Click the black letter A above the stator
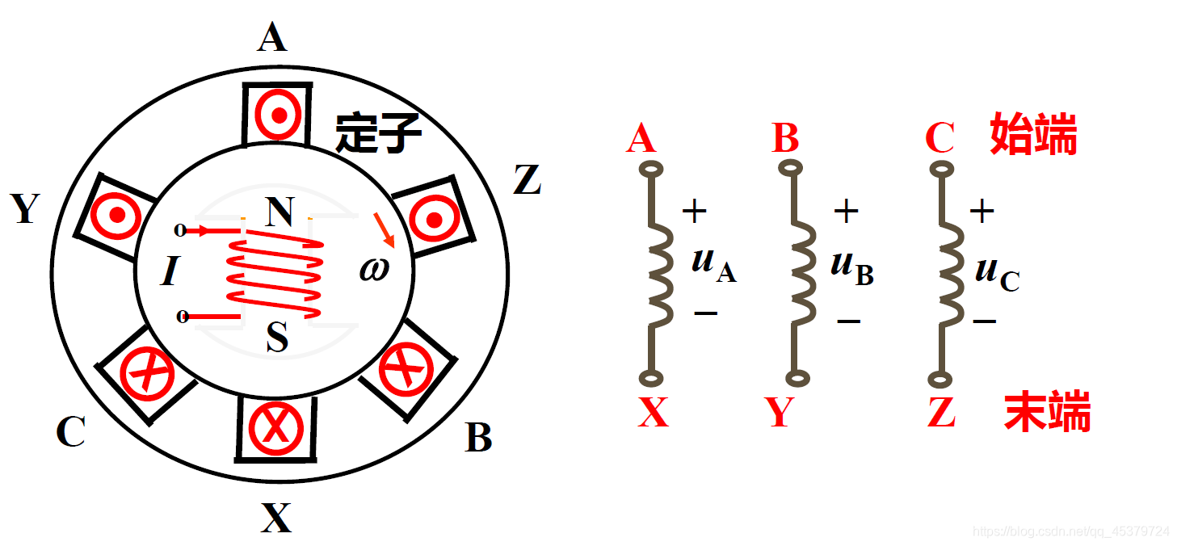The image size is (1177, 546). tap(272, 37)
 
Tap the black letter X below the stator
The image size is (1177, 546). tap(275, 518)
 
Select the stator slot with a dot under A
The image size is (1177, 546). tap(277, 115)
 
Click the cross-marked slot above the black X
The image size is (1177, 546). tap(275, 428)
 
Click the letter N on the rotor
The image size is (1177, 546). tap(279, 213)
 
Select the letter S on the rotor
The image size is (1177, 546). tap(276, 338)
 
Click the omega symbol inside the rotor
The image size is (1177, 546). tap(374, 268)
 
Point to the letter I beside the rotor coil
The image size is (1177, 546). tap(169, 272)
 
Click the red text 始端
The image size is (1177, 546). tap(1033, 136)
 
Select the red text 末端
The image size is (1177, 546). tap(1047, 412)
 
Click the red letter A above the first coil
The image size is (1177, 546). tap(641, 139)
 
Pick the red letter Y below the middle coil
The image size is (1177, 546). tap(780, 413)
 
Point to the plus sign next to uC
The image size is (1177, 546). tap(982, 212)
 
